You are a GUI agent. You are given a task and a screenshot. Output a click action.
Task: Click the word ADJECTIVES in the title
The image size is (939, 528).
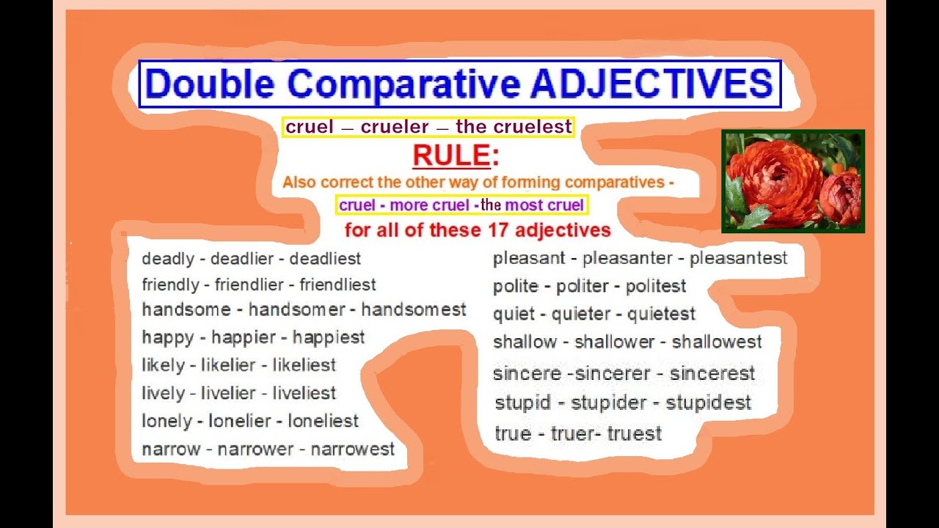[651, 84]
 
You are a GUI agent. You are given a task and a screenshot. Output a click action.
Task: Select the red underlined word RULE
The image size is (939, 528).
[450, 155]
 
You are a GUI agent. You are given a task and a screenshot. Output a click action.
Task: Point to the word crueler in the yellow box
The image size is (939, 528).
[395, 127]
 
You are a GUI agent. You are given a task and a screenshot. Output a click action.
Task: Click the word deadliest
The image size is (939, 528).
[325, 259]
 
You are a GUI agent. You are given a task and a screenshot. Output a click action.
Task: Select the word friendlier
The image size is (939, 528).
[248, 285]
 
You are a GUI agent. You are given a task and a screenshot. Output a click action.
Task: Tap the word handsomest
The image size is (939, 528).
[413, 310]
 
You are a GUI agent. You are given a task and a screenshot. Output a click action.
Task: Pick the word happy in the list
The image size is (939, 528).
[168, 337]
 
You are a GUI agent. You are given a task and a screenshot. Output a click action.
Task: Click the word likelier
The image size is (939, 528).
[227, 365]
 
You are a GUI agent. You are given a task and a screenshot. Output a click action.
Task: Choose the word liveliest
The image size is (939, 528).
[304, 393]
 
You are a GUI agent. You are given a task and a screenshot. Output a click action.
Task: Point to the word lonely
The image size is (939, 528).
[167, 421]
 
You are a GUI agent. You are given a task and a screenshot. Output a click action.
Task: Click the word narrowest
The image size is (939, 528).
[353, 449]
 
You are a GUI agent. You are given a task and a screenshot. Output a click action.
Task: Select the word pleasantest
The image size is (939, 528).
[738, 258]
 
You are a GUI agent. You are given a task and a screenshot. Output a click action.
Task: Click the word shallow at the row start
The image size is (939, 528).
[525, 342]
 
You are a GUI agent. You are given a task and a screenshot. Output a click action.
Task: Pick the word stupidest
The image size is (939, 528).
[709, 403]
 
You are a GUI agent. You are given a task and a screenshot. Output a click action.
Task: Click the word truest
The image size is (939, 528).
[634, 433]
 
